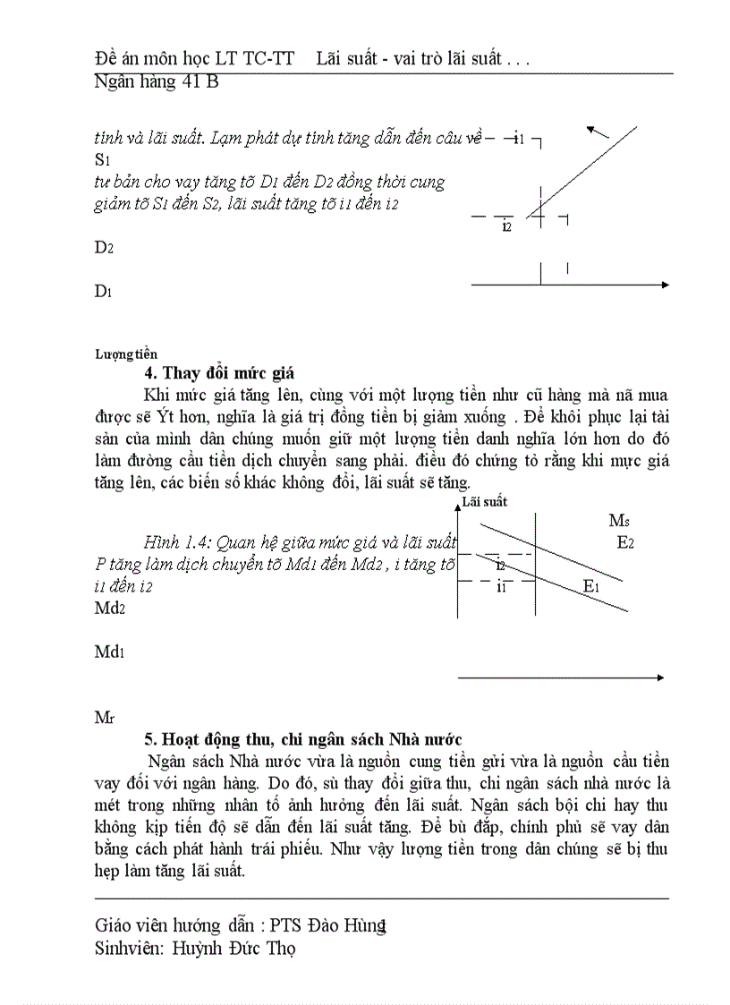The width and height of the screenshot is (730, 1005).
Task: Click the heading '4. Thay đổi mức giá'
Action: tap(220, 374)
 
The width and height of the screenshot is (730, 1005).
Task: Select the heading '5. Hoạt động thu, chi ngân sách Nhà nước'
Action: tap(303, 739)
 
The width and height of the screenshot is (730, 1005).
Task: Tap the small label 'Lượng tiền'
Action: tap(126, 355)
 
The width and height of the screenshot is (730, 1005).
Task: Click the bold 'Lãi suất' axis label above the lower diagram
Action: tap(484, 503)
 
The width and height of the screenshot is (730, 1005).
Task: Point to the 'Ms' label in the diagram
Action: tap(619, 521)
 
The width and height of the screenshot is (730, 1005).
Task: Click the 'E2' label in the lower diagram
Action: tap(625, 542)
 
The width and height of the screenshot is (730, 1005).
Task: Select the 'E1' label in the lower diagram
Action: tap(591, 586)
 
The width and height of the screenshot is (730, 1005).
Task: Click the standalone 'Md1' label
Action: tap(110, 652)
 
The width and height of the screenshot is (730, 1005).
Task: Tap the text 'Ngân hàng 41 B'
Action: tap(157, 82)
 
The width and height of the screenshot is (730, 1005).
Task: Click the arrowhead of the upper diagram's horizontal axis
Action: tap(665, 285)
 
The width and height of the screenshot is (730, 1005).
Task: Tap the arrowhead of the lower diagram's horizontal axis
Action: tap(660, 678)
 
